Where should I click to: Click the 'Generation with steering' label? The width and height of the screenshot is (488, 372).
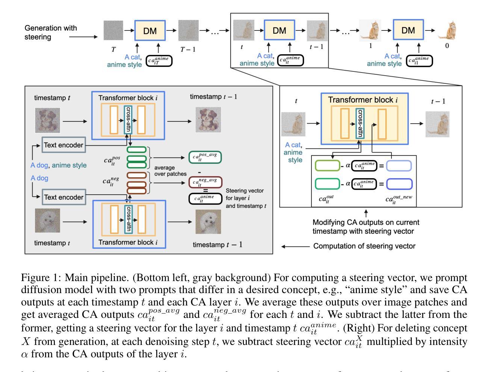click(50, 32)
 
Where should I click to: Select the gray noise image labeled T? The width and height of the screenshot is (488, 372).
click(113, 30)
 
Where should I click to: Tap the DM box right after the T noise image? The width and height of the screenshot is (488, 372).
click(150, 30)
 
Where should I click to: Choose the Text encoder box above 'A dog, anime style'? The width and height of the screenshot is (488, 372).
click(63, 145)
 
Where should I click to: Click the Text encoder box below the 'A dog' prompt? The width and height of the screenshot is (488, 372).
click(63, 197)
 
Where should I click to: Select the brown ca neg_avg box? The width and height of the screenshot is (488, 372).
click(205, 183)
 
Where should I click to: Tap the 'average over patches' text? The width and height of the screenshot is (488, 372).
click(170, 171)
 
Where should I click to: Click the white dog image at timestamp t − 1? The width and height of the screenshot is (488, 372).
click(208, 222)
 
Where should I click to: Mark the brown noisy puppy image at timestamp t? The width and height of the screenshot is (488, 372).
click(47, 120)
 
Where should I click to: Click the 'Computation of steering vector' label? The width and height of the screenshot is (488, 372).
click(364, 246)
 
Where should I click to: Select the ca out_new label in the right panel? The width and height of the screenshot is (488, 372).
click(399, 199)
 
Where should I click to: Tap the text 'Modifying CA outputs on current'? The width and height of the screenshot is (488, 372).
click(366, 222)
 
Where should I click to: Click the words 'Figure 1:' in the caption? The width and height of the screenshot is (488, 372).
click(41, 278)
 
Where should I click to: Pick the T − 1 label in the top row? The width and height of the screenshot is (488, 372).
click(188, 49)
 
